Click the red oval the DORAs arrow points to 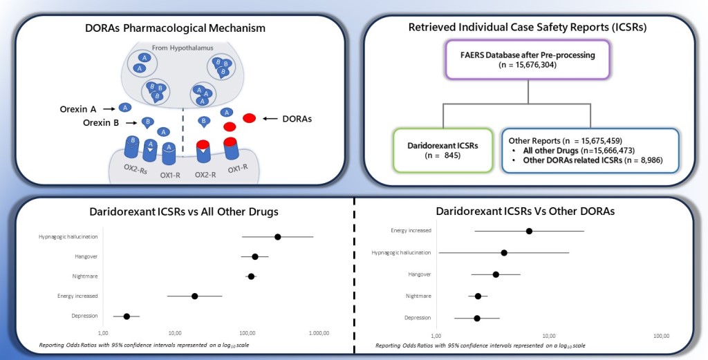click(x=250, y=118)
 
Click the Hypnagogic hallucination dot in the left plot click(x=277, y=236)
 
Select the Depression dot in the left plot click(x=127, y=316)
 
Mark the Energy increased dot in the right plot click(x=529, y=231)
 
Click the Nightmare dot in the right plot click(x=478, y=296)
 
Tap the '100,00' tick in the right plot click(x=660, y=335)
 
